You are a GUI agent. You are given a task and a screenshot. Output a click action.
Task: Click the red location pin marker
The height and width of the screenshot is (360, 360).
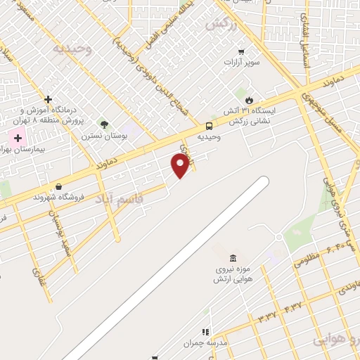point(181,165)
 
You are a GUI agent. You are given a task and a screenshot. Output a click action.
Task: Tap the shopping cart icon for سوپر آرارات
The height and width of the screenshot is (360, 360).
point(241,51)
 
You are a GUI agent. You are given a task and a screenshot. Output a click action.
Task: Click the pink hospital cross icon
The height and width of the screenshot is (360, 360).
point(14,136)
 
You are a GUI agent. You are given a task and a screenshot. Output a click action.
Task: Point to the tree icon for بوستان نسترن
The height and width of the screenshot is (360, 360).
point(104,124)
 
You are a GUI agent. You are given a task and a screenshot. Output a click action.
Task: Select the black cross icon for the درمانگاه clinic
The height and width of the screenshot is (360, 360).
point(48,99)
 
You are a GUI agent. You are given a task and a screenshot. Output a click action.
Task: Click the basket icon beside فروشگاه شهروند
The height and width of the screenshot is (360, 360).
point(58,186)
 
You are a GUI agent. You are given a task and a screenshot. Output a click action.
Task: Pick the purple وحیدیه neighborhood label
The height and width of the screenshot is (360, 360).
point(72,49)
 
